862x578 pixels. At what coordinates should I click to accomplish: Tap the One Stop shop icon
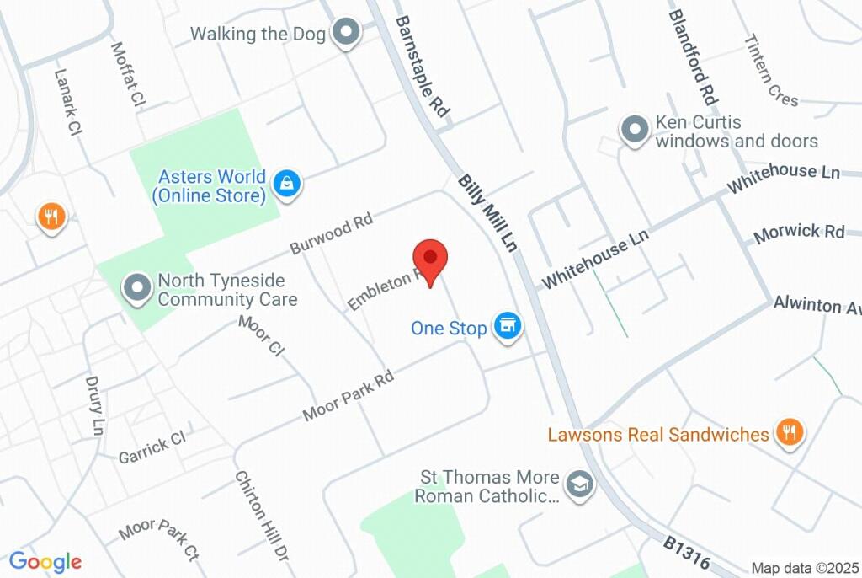507,327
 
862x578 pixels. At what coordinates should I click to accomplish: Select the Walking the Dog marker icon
345,34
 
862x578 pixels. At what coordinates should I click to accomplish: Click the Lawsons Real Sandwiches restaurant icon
789,433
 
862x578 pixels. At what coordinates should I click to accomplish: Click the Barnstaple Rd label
423,66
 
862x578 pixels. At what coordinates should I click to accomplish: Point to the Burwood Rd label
331,233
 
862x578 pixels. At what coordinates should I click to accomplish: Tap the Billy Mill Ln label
487,215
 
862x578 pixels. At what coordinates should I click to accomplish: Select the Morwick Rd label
800,233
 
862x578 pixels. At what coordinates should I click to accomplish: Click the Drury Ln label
95,405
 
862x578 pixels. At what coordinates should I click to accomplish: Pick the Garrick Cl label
152,445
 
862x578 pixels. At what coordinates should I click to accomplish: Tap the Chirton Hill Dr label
262,516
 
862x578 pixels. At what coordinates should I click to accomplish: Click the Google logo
45,561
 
